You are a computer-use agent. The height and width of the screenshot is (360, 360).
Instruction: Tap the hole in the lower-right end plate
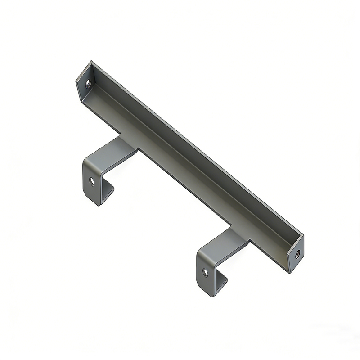(297, 254)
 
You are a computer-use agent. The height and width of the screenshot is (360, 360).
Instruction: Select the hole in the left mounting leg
(92, 181)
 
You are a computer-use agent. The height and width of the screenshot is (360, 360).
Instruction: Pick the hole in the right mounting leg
(206, 272)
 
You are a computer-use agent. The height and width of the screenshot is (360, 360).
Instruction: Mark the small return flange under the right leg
(221, 283)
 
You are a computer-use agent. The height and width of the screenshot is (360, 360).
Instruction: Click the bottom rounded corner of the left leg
(99, 204)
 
